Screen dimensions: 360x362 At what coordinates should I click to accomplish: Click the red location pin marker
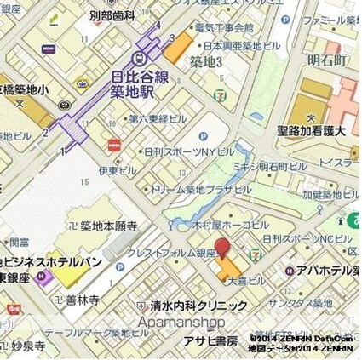pyautogui.click(x=223, y=249)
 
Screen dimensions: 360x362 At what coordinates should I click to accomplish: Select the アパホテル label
pyautogui.click(x=328, y=271)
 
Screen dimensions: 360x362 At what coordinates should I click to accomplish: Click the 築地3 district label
pyautogui.click(x=206, y=61)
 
